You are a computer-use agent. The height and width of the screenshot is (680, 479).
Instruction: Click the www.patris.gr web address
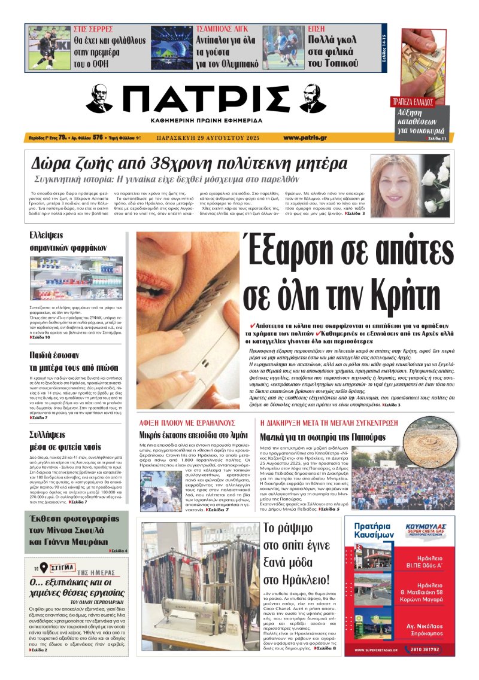tap(305, 137)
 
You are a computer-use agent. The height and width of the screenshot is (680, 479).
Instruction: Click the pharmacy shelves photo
tap(68, 278)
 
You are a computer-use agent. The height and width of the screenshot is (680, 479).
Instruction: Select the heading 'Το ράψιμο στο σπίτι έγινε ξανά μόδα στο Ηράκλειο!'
tap(296, 553)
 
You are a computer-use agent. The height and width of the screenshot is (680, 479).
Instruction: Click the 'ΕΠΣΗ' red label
tap(317, 29)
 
